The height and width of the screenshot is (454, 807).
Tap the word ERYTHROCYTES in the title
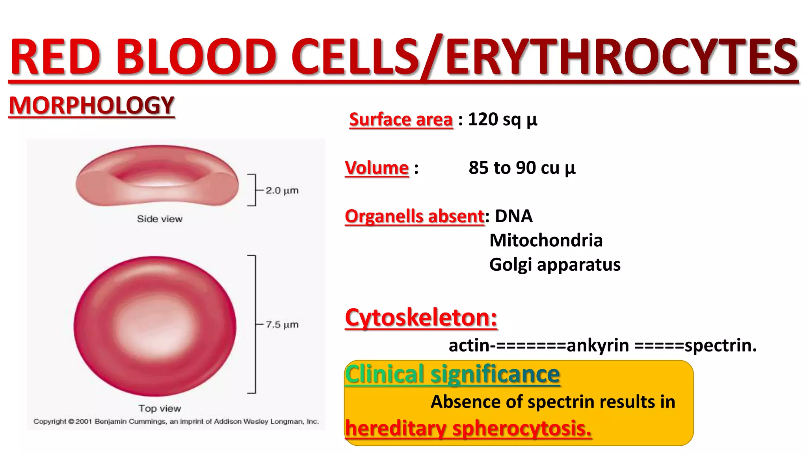622,57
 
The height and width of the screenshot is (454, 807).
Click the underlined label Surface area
401,119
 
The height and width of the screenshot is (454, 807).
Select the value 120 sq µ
502,119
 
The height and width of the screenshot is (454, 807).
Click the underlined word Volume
377,168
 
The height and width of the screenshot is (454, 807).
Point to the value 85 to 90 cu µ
522,168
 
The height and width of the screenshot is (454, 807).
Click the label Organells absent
414,216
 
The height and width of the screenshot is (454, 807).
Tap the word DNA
513,216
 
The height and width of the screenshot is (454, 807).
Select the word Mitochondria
546,240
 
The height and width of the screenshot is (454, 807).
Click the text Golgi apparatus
554,264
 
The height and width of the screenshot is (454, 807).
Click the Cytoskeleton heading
421,317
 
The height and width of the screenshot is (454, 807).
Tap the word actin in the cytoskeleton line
469,346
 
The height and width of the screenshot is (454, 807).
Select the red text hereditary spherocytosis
468,428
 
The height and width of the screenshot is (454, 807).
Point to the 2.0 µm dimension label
282,190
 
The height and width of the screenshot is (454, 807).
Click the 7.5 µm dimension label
282,324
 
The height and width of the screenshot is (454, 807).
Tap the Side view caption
160,219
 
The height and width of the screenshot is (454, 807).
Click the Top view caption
160,408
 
